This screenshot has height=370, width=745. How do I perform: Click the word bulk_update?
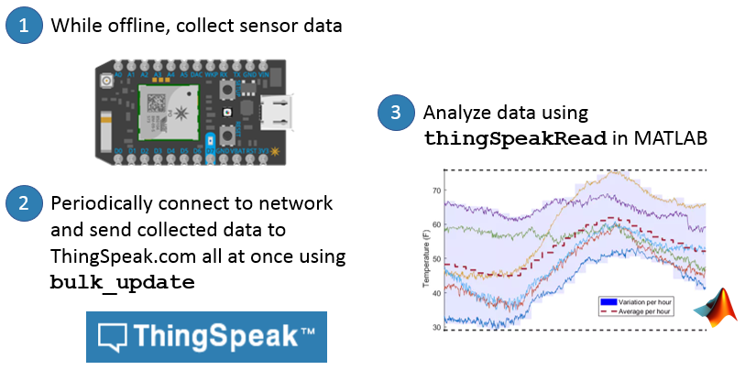121,282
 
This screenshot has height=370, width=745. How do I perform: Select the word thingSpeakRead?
516,139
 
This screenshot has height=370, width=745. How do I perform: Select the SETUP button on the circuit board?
224,90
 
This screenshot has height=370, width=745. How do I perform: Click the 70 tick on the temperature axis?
436,190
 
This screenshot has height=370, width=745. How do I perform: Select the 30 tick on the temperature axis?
436,326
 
